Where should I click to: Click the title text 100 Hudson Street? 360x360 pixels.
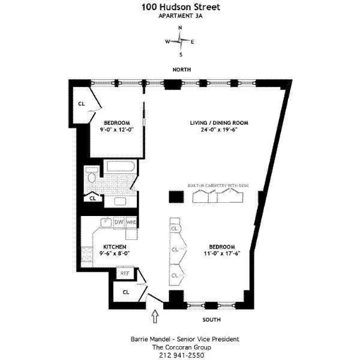coord(180,7)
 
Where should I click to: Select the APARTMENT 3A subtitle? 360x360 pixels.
coord(180,16)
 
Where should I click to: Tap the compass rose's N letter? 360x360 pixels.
coord(180,28)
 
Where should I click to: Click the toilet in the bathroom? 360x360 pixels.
coord(91,176)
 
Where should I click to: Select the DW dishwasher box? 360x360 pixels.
coord(119,223)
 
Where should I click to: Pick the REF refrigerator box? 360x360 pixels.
coord(125,273)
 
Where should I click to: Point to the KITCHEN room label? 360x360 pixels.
coord(114,247)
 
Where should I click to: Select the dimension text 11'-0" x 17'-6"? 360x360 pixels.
coord(221,253)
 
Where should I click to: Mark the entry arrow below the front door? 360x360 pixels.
coord(156,314)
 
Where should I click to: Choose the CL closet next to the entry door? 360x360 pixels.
coord(125,292)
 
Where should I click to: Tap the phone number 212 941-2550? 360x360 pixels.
coord(180,355)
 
